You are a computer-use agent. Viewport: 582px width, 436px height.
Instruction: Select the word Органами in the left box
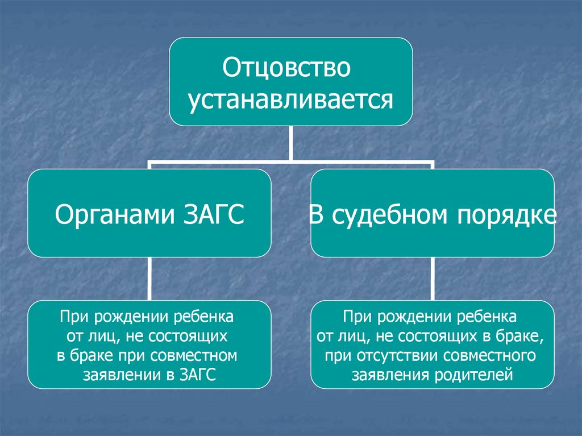tap(113, 215)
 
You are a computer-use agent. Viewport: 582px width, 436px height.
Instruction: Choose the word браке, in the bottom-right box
tap(522, 337)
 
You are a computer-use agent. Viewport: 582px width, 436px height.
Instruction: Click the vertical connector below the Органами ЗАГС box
tap(149, 279)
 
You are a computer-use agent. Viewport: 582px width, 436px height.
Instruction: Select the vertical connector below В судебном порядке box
tap(433, 279)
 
